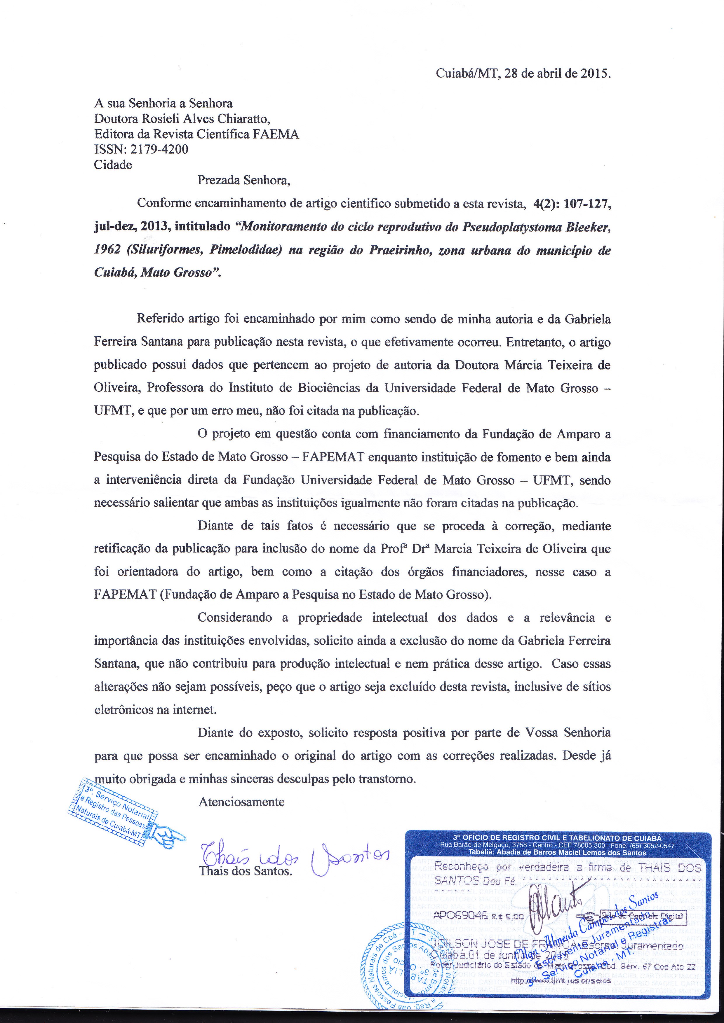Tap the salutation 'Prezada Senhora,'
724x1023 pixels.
[244, 181]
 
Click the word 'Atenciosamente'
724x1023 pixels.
[241, 802]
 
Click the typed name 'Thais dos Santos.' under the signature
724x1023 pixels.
[245, 871]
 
